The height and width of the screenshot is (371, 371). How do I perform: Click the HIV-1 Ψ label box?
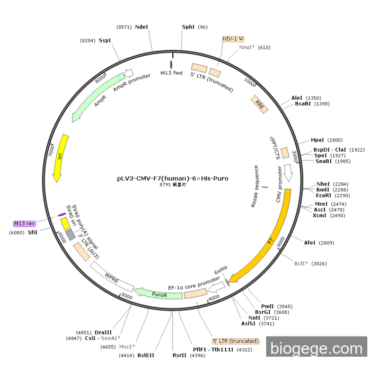233,39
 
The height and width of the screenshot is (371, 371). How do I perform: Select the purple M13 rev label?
24,224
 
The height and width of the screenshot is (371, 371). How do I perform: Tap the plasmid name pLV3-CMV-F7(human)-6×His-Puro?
173,178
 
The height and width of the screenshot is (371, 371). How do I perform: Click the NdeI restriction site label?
142,26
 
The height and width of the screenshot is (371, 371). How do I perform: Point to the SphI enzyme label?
188,26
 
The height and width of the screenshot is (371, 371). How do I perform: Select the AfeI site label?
310,243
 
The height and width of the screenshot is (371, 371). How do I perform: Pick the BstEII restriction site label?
146,355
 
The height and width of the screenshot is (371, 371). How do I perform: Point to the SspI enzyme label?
104,40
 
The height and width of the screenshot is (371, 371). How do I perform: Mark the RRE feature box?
260,103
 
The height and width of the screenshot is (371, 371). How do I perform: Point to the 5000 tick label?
127,296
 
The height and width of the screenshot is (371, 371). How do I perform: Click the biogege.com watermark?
316,348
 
